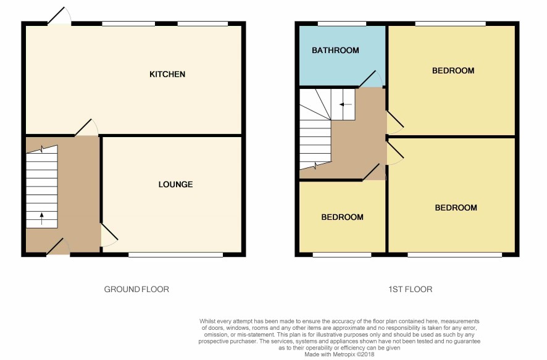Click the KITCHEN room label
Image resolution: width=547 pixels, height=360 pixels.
[167, 74]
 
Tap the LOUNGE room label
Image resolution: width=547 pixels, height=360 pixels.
[175, 185]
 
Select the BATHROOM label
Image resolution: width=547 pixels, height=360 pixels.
[335, 51]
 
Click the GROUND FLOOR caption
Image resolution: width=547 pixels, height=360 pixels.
[136, 289]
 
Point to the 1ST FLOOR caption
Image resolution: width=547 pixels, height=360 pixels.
[410, 289]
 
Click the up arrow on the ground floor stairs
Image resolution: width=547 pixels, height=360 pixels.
[42, 219]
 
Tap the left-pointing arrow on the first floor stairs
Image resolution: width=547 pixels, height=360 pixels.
[346, 104]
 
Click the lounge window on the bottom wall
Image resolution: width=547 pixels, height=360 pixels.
[175, 255]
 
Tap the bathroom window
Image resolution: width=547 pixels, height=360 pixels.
[342, 23]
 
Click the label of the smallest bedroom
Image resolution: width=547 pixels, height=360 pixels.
[342, 217]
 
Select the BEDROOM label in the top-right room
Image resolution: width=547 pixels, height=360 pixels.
[453, 71]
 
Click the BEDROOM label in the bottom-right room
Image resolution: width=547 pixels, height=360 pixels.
[456, 208]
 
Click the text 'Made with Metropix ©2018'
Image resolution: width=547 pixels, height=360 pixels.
[340, 354]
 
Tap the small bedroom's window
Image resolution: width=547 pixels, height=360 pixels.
[342, 255]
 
